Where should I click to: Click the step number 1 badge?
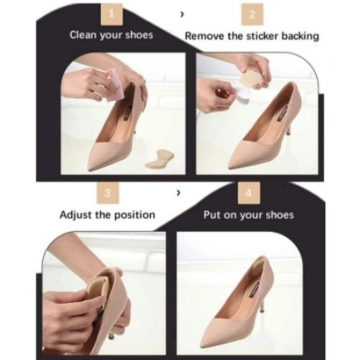[x=111, y=14]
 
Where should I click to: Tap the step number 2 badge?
[x=252, y=14]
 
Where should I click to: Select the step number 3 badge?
[x=108, y=192]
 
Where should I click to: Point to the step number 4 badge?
[x=249, y=193]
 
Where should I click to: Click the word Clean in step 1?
[x=83, y=35]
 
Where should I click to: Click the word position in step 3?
[x=135, y=215]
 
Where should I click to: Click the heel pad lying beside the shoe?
[x=159, y=158]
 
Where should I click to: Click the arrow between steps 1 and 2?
[x=183, y=14]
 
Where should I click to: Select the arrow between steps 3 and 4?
[x=177, y=193]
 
